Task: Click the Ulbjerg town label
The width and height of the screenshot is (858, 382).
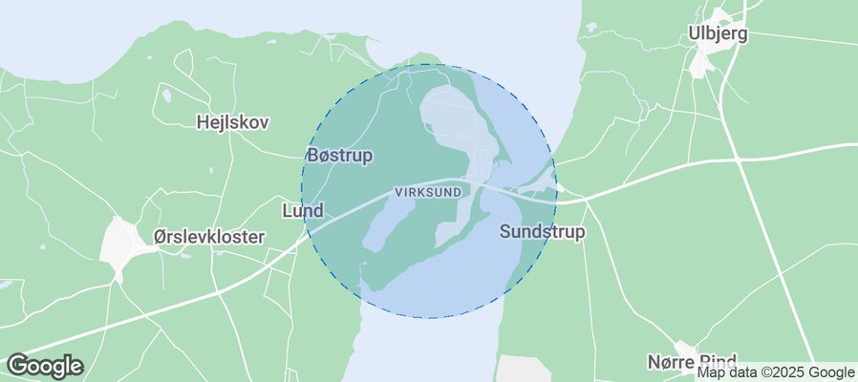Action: (x=718, y=34)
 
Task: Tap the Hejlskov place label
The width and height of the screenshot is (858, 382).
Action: (x=232, y=122)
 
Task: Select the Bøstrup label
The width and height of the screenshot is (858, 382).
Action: (x=339, y=155)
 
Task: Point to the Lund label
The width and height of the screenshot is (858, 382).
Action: (x=303, y=210)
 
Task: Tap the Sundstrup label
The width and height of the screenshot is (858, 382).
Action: (x=542, y=232)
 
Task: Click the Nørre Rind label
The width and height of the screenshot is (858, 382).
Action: (x=691, y=361)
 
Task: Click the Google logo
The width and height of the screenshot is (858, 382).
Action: (x=44, y=365)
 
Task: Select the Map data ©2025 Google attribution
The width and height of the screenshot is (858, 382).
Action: (x=775, y=372)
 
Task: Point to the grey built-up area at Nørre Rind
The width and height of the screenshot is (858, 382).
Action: (x=684, y=350)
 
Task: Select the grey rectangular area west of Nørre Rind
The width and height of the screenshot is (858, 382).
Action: (x=522, y=369)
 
